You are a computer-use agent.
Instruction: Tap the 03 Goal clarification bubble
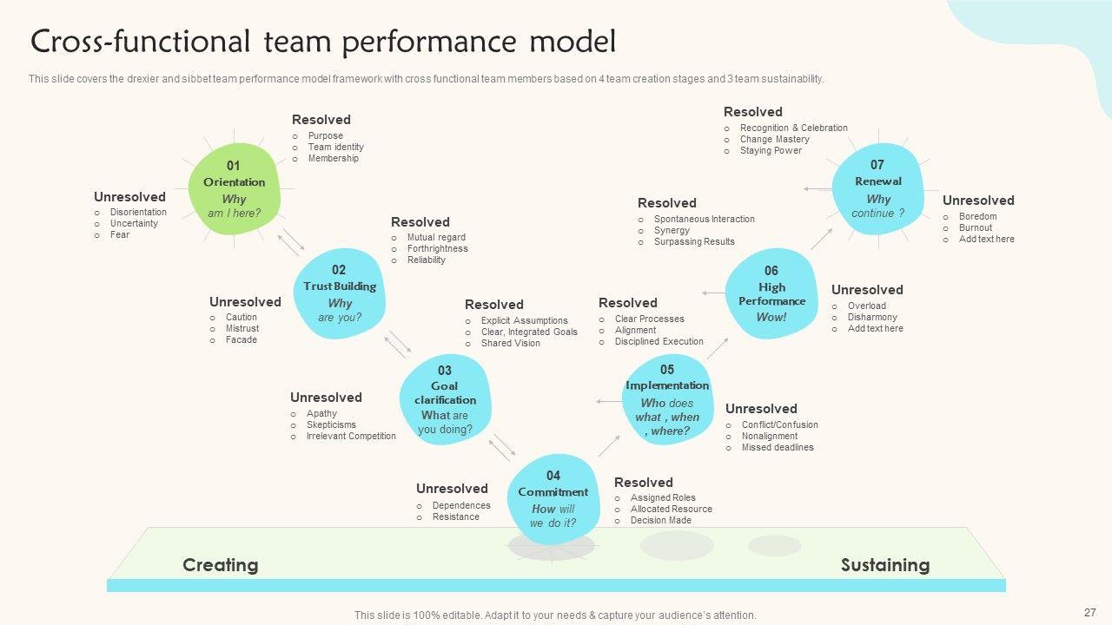point(445,399)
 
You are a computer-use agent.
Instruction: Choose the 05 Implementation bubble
point(667,399)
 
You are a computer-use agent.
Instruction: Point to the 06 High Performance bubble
point(771,294)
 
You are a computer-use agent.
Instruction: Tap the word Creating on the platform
point(221,565)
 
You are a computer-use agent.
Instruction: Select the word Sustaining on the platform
point(884,565)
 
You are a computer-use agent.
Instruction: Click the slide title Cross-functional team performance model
point(323,41)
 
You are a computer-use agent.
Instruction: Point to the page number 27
point(1090,612)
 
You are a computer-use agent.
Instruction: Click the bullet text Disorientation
point(138,212)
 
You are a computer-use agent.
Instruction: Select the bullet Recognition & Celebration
point(793,128)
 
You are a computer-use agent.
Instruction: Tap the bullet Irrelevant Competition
point(351,436)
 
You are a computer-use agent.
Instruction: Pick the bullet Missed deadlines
point(778,447)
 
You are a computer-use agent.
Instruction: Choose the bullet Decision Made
point(661,520)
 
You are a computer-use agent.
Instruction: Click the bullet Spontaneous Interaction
point(704,219)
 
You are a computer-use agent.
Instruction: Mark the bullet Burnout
point(976,227)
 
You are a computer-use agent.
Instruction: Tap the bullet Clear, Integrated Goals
point(529,332)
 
